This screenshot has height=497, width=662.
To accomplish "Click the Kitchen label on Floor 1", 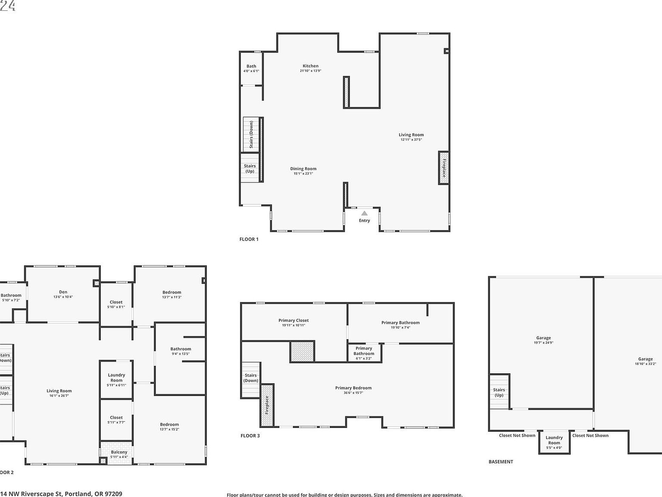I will pyautogui.click(x=310, y=66).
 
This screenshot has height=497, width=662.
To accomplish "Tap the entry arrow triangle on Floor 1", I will pyautogui.click(x=364, y=213).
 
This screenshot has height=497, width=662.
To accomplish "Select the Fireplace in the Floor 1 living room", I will pyautogui.click(x=443, y=168).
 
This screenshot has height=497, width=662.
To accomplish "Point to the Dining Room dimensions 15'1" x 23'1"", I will pyautogui.click(x=303, y=173).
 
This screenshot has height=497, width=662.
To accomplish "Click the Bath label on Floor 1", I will pyautogui.click(x=251, y=66).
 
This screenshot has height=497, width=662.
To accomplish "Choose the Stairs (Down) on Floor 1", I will pyautogui.click(x=251, y=134).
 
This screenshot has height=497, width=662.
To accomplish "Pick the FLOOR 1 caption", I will pyautogui.click(x=249, y=239).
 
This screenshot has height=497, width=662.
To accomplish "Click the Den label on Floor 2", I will pyautogui.click(x=63, y=292).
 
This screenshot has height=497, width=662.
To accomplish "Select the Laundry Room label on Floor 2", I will pyautogui.click(x=116, y=377).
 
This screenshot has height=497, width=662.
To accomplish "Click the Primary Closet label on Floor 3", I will pyautogui.click(x=294, y=321).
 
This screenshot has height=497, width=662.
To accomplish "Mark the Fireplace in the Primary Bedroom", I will pyautogui.click(x=267, y=405).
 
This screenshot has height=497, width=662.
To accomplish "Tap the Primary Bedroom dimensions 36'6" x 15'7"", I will pyautogui.click(x=353, y=393).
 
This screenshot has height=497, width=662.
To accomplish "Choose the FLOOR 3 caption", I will pyautogui.click(x=250, y=436).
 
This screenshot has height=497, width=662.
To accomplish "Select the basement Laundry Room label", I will pyautogui.click(x=554, y=440).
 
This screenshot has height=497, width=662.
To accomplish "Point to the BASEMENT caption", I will pyautogui.click(x=501, y=462).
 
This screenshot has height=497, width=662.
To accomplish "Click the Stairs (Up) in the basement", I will pyautogui.click(x=499, y=392).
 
